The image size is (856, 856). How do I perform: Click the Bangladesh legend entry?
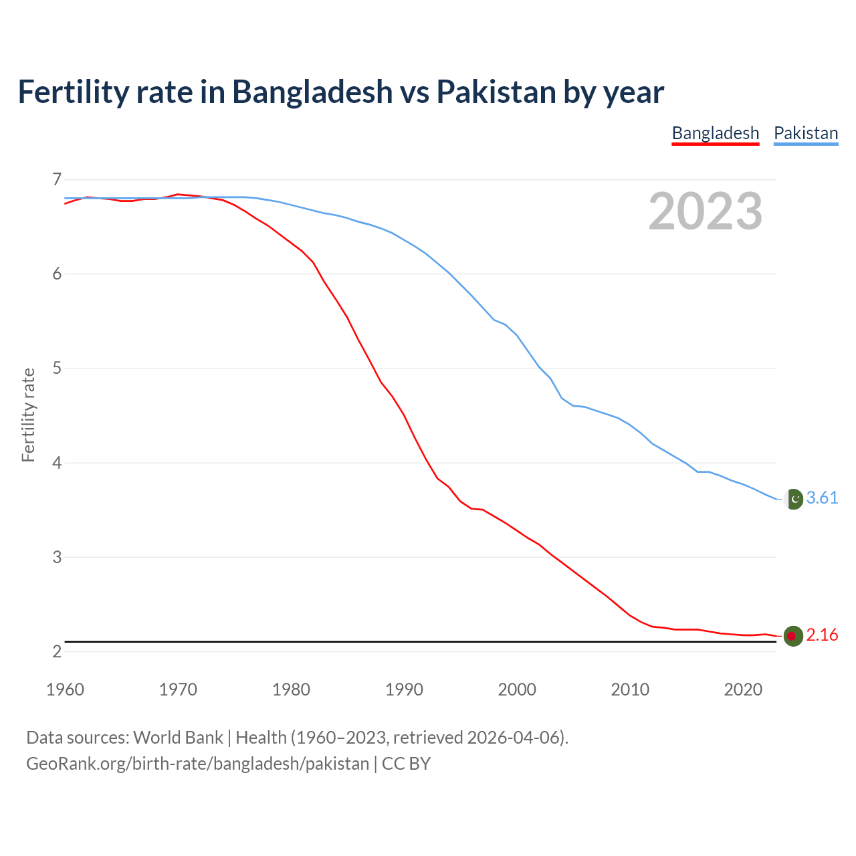point(715,133)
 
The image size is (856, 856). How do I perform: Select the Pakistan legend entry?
point(805,133)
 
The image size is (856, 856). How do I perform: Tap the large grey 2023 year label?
point(705,211)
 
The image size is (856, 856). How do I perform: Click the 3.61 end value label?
point(822,498)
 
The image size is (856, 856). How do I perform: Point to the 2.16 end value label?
point(822,635)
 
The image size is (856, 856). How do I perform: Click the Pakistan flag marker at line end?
point(793,499)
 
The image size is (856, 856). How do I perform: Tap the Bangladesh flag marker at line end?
point(793,636)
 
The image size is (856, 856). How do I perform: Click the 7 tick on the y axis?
point(56,179)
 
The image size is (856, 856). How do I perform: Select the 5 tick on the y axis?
point(56,368)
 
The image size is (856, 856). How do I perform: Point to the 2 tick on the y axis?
point(56,651)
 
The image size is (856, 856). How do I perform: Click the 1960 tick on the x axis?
point(65,689)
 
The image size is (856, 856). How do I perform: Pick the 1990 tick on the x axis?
point(404,689)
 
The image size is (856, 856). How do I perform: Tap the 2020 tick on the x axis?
point(743,689)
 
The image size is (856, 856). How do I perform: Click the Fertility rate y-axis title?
point(28,415)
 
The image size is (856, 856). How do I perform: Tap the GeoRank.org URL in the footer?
point(197,764)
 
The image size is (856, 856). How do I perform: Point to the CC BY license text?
point(406,764)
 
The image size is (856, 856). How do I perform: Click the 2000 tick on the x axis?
point(517,689)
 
